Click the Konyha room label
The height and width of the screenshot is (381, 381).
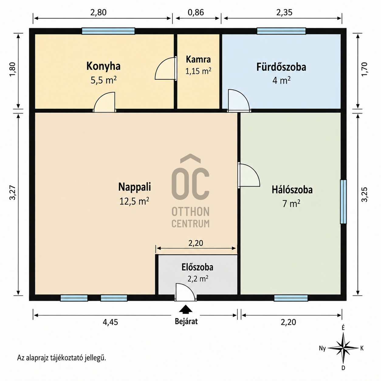103,66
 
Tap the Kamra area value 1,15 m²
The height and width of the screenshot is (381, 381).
198,71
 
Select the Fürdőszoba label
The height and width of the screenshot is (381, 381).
281,67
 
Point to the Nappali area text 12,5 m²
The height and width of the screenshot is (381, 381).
134,201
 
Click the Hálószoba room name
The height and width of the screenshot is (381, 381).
292,190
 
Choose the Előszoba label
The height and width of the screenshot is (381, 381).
197,267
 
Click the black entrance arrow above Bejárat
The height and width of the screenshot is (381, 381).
185,309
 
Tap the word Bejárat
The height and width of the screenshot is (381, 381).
186,321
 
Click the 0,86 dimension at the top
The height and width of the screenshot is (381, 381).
196,12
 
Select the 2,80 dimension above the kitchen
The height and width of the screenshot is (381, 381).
98,12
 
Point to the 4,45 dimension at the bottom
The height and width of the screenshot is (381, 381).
110,322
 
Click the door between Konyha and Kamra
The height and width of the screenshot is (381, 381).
166,69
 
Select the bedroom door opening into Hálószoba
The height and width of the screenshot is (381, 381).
249,175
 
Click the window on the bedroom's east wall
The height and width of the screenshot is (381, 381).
343,202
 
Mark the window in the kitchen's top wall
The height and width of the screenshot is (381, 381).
108,31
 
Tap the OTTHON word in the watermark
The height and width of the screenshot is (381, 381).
190,211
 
